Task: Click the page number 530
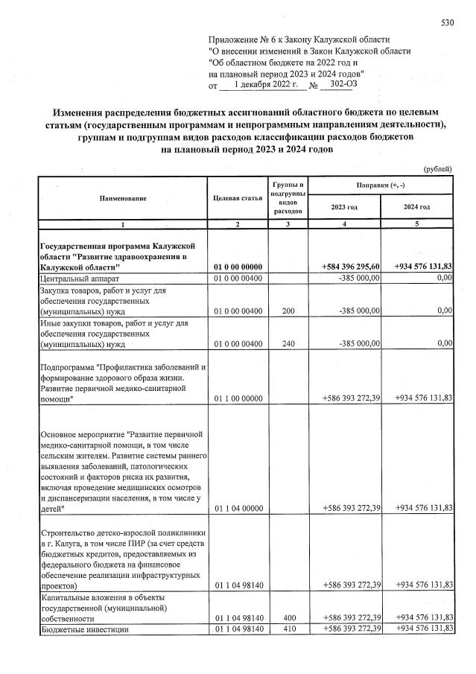point(447,23)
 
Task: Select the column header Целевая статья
point(237,197)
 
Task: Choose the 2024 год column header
point(416,206)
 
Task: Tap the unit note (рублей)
point(437,168)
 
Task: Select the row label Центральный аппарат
point(75,278)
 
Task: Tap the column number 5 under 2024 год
point(416,224)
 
